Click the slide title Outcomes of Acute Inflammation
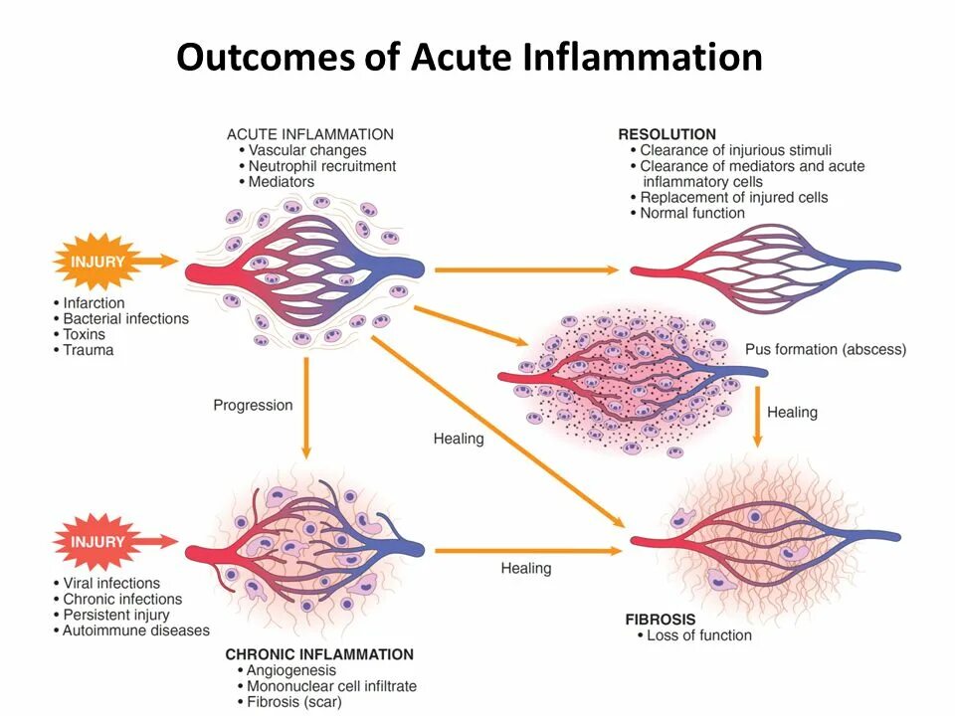469,57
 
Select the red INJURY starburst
97,543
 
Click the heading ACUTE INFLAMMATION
309,134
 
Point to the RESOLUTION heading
667,134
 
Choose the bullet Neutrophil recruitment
322,166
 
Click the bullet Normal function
691,213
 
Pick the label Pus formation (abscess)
825,349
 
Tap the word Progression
253,405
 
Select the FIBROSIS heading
662,619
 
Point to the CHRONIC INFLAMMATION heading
319,654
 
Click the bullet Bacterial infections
125,318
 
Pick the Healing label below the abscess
792,412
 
